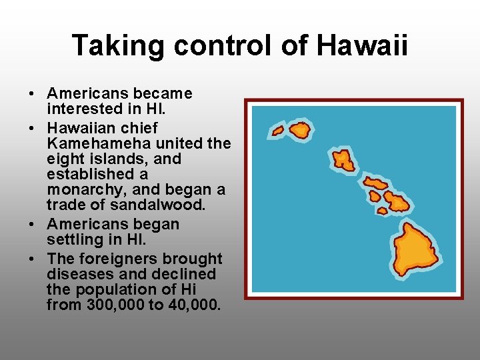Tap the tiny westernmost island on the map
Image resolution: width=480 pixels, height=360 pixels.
[x=278, y=131]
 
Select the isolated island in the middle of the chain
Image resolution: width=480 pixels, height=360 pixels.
[x=344, y=159]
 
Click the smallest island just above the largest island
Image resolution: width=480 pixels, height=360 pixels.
[x=382, y=211]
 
